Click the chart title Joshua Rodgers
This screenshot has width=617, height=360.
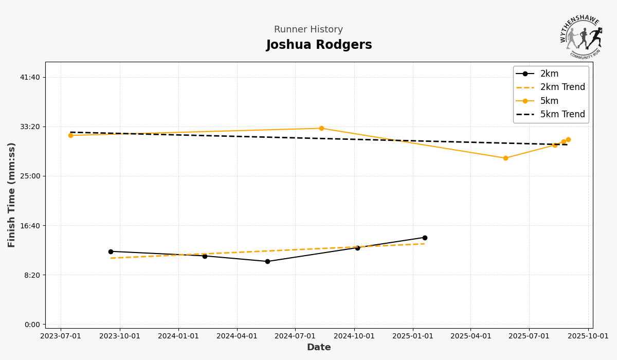(319, 45)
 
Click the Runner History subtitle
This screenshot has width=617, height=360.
(308, 30)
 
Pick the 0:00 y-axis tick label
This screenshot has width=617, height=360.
(32, 325)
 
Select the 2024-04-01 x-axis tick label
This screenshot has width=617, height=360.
(237, 336)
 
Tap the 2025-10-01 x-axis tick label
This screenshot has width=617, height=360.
(588, 336)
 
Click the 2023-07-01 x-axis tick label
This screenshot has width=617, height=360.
(61, 336)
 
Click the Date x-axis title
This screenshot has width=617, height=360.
(319, 348)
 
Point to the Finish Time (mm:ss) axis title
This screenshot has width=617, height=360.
(12, 195)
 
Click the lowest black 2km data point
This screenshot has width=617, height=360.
(267, 261)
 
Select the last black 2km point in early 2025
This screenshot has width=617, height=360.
(425, 238)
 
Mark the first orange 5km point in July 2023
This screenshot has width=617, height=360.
(70, 135)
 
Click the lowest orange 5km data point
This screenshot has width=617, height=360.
(505, 158)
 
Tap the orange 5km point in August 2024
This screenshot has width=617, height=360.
(321, 129)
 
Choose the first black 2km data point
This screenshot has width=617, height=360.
(111, 251)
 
